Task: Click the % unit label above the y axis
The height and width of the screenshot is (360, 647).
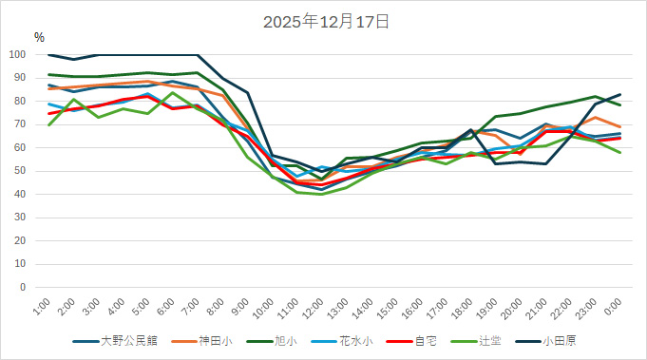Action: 39,37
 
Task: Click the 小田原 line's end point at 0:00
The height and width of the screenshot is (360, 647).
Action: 619,94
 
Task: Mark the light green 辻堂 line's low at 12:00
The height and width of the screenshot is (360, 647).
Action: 321,194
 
